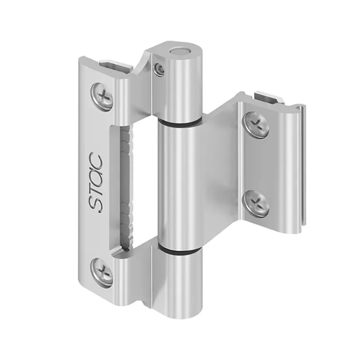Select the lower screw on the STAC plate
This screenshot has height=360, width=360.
[103, 271]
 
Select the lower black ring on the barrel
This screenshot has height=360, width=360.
[180, 250]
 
